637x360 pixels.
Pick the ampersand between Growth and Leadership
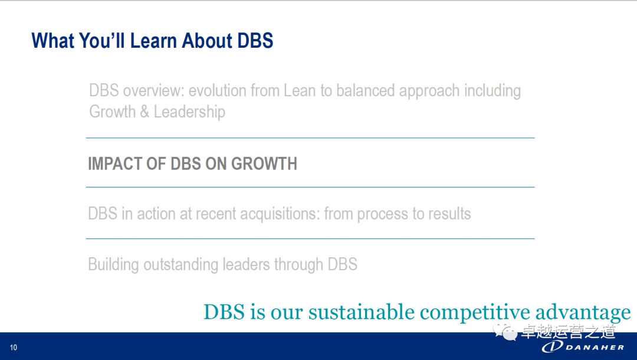pyautogui.click(x=145, y=112)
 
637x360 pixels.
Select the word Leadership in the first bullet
pyautogui.click(x=189, y=112)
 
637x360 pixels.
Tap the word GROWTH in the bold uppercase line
pyautogui.click(x=264, y=163)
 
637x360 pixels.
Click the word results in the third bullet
pyautogui.click(x=449, y=214)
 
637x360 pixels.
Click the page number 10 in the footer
pyautogui.click(x=14, y=348)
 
